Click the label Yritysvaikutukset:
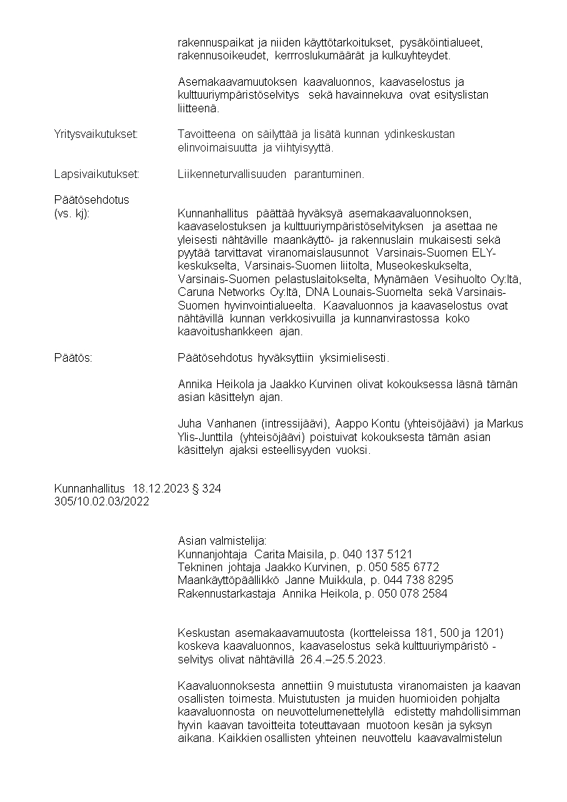[x=96, y=134]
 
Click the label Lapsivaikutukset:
[x=96, y=174]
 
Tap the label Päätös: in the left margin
[x=73, y=357]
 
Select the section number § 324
[x=207, y=489]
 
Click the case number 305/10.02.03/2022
[x=101, y=501]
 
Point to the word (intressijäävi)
[x=294, y=423]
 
